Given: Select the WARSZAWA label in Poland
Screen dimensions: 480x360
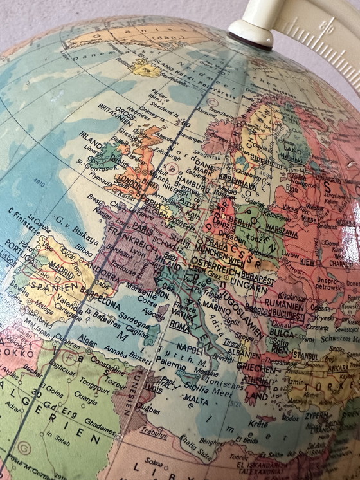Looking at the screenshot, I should [x=279, y=228].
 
